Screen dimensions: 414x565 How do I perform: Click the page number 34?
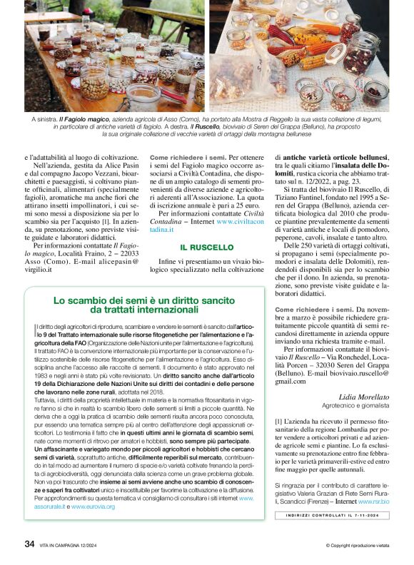(29, 544)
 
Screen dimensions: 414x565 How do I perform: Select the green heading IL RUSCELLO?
(207, 247)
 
